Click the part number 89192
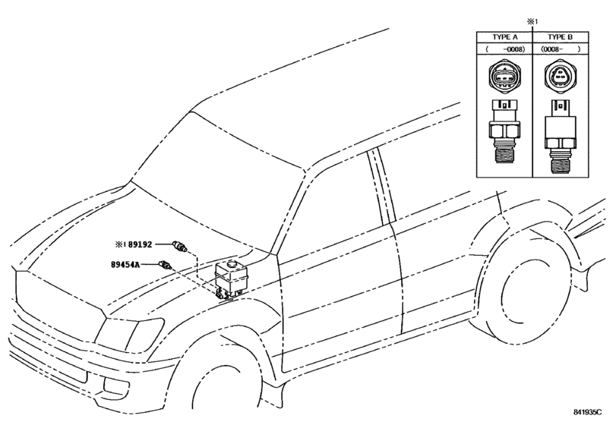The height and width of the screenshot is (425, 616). (x=140, y=245)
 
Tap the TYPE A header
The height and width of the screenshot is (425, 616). (x=504, y=36)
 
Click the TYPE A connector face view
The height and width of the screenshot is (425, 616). (x=504, y=79)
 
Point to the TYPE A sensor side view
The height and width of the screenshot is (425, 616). (x=504, y=133)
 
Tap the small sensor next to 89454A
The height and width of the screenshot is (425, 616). (x=166, y=266)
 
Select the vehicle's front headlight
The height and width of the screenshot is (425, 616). (x=128, y=332)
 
